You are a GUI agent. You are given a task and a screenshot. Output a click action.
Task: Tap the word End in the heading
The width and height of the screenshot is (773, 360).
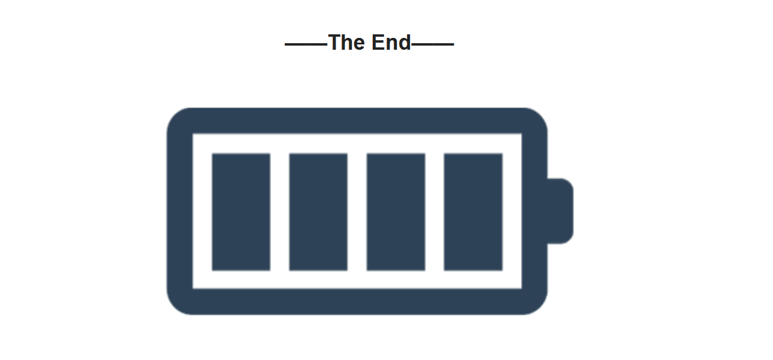pos(391,43)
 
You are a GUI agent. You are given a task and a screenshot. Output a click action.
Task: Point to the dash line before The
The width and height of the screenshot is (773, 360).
pos(306,44)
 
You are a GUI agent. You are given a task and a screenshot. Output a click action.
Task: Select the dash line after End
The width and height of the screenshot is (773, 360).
pos(433,44)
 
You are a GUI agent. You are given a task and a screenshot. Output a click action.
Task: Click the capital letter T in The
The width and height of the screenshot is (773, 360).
pos(335,43)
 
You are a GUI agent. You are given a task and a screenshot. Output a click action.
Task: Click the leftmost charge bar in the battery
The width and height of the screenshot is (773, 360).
pos(241,212)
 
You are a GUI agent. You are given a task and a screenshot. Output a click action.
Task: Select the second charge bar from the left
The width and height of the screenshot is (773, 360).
pos(318,212)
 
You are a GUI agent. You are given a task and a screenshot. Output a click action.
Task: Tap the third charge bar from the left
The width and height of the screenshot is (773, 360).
pos(396,212)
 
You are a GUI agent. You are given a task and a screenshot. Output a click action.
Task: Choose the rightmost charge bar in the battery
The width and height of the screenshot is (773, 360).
pos(473,212)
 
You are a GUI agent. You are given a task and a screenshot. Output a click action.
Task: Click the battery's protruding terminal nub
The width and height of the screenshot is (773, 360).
pos(561,211)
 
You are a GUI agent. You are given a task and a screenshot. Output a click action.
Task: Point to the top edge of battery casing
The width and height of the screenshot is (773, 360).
pos(357,120)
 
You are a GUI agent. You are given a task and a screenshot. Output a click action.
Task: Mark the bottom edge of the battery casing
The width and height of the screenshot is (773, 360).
pos(357,301)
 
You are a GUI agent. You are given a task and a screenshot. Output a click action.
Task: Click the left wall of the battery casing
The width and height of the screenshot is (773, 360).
pos(180,211)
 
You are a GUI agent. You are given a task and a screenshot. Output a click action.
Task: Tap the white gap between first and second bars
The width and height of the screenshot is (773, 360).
pos(279,212)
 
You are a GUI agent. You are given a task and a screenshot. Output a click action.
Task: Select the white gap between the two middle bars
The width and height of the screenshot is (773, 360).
pos(357,212)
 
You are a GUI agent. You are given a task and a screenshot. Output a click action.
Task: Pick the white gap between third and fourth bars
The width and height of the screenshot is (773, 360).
pos(434,212)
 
